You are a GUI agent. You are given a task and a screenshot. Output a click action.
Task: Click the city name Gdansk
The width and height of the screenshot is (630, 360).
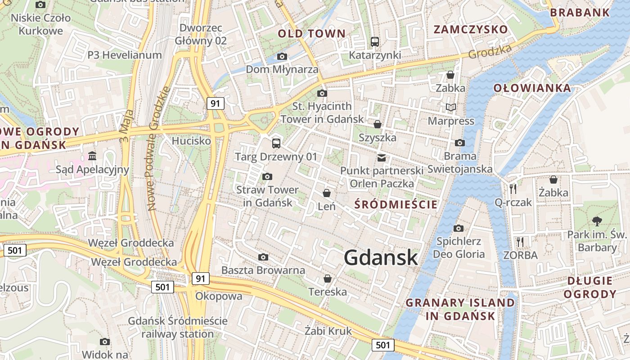click(381, 258)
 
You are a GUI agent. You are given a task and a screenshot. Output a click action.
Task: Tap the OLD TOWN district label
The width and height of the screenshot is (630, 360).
click(311, 33)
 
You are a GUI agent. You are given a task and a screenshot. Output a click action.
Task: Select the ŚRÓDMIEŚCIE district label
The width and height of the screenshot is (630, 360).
click(396, 205)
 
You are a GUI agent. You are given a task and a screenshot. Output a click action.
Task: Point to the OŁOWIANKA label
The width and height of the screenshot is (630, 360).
click(532, 88)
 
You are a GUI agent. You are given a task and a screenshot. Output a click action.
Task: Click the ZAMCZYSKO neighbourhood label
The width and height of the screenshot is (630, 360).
click(471, 30)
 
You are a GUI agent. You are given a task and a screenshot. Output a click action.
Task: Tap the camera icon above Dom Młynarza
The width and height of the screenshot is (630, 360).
click(282, 56)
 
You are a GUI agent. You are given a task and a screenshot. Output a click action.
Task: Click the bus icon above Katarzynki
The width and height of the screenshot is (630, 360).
click(375, 42)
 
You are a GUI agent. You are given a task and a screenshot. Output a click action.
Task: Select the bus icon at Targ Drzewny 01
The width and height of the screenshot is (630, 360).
click(276, 144)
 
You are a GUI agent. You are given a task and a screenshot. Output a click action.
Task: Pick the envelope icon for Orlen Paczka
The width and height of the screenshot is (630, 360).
click(382, 157)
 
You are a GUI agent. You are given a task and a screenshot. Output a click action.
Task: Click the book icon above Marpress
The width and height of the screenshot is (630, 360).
click(451, 107)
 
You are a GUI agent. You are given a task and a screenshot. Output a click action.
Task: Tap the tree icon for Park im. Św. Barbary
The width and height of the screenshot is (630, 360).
click(597, 221)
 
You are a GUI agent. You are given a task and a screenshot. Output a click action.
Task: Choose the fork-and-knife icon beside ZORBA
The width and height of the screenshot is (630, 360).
click(520, 242)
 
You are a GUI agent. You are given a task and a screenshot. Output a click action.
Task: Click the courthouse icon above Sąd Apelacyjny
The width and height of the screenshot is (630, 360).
click(92, 156)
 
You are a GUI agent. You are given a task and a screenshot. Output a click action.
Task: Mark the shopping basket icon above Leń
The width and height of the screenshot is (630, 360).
click(327, 193)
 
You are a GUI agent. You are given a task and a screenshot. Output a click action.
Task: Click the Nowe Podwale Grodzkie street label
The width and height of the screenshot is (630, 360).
click(158, 148)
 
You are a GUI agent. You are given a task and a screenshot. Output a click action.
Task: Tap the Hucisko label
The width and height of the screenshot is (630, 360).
click(191, 141)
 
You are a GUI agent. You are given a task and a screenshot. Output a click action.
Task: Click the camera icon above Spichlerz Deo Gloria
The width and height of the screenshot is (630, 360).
click(459, 228)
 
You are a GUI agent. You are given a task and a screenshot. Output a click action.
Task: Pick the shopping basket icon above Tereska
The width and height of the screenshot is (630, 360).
click(328, 279)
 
